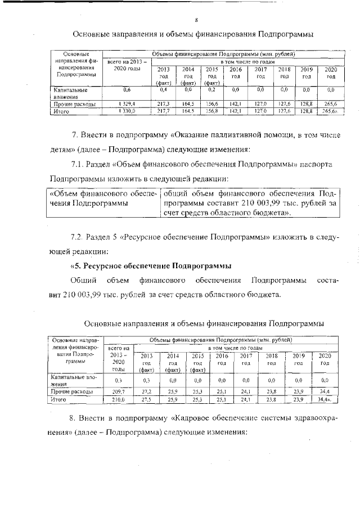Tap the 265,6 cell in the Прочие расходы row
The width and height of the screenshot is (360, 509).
(x=331, y=104)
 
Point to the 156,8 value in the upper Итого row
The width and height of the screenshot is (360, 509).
(x=211, y=112)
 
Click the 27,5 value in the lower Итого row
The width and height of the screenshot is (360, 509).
(x=146, y=399)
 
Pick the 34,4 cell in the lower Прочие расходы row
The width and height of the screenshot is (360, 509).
(x=325, y=391)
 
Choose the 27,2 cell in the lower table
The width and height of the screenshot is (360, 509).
(x=146, y=391)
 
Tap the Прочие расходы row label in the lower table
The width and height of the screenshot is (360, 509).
(x=65, y=391)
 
